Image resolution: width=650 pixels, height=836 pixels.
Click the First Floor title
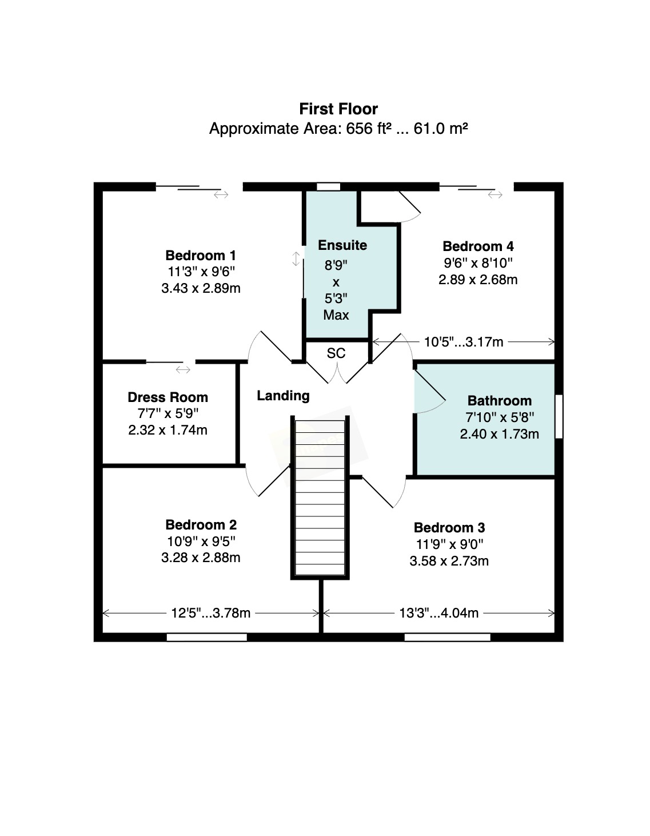338,109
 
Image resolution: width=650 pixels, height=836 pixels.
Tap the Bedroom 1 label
200,256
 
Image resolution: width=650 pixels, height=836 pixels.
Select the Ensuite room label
342,245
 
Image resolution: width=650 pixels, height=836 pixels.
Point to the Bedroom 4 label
478,246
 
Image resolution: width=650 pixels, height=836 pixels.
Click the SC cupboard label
336,353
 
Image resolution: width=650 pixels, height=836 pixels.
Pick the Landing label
283,396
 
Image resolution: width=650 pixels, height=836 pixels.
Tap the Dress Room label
168,397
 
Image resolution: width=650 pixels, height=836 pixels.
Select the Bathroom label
499,401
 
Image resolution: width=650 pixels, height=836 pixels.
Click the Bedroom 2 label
201,525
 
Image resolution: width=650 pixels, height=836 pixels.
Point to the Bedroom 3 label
449,528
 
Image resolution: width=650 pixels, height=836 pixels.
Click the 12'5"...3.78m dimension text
211,614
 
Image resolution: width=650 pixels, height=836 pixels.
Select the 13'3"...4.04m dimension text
438,614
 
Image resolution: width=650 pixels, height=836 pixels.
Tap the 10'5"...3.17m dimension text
464,342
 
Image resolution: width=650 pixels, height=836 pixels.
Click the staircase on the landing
320,497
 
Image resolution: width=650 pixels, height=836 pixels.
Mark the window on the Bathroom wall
559,416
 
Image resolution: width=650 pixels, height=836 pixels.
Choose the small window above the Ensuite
328,186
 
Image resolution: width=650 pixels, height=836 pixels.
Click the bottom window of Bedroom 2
207,637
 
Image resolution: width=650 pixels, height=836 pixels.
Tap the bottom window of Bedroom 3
447,637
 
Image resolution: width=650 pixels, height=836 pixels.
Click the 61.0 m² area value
441,129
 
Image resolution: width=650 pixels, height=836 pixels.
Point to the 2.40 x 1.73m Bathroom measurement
499,434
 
